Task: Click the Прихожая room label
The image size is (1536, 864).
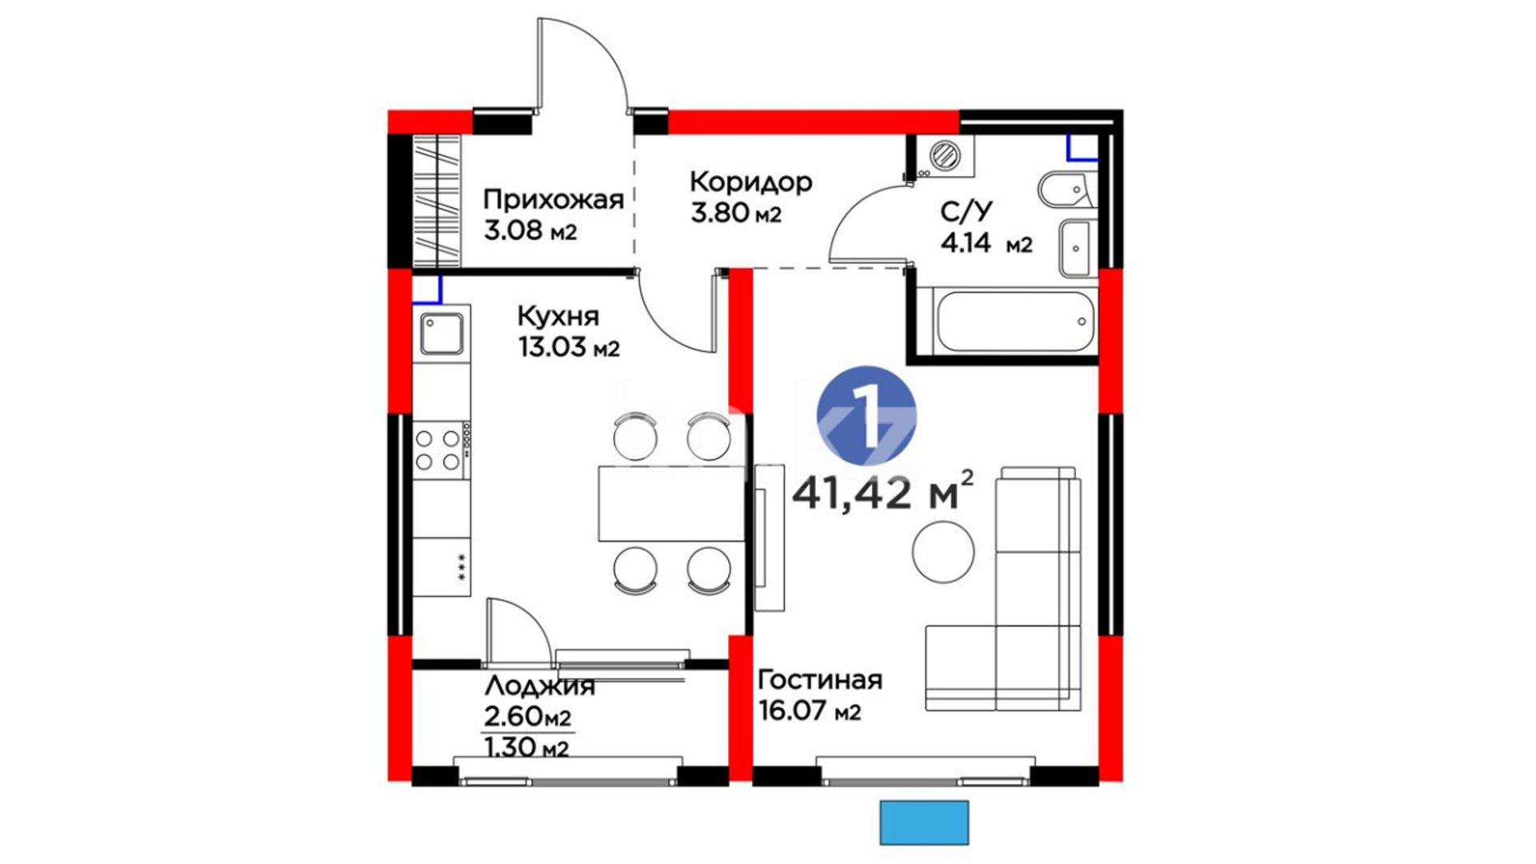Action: pos(554,199)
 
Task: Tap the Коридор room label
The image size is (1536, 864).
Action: pos(750,182)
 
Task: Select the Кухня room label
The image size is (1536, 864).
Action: pos(558,317)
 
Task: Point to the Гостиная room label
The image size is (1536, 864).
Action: pos(819,680)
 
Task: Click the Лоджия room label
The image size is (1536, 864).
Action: pos(540,686)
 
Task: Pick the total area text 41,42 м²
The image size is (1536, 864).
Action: pos(883,491)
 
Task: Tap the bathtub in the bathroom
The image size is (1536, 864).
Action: pos(1014,322)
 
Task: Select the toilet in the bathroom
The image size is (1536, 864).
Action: pos(1066,190)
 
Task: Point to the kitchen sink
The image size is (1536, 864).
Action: pos(442,334)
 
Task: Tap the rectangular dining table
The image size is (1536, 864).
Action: pos(672,504)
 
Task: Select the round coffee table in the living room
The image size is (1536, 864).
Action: pos(944,551)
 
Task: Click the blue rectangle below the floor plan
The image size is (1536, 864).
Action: pos(924,822)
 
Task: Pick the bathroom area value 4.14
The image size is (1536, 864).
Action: pos(966,243)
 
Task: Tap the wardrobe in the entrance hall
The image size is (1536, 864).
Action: pos(437,201)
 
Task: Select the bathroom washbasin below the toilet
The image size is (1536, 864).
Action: pos(1076,248)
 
